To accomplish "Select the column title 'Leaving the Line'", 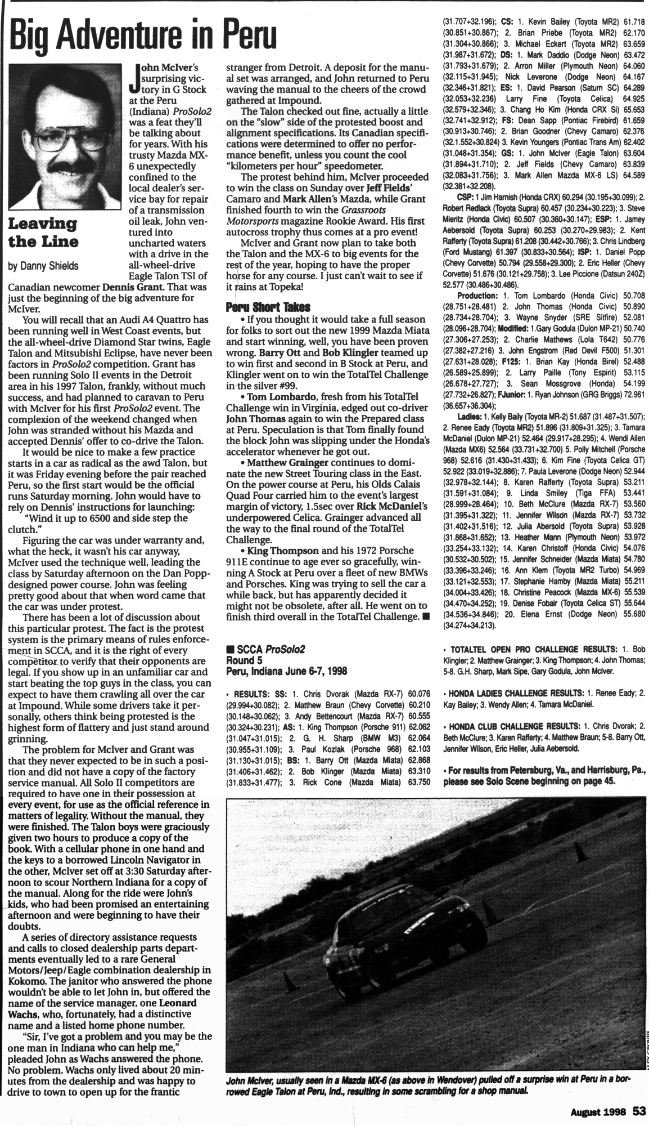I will click(x=42, y=233).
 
